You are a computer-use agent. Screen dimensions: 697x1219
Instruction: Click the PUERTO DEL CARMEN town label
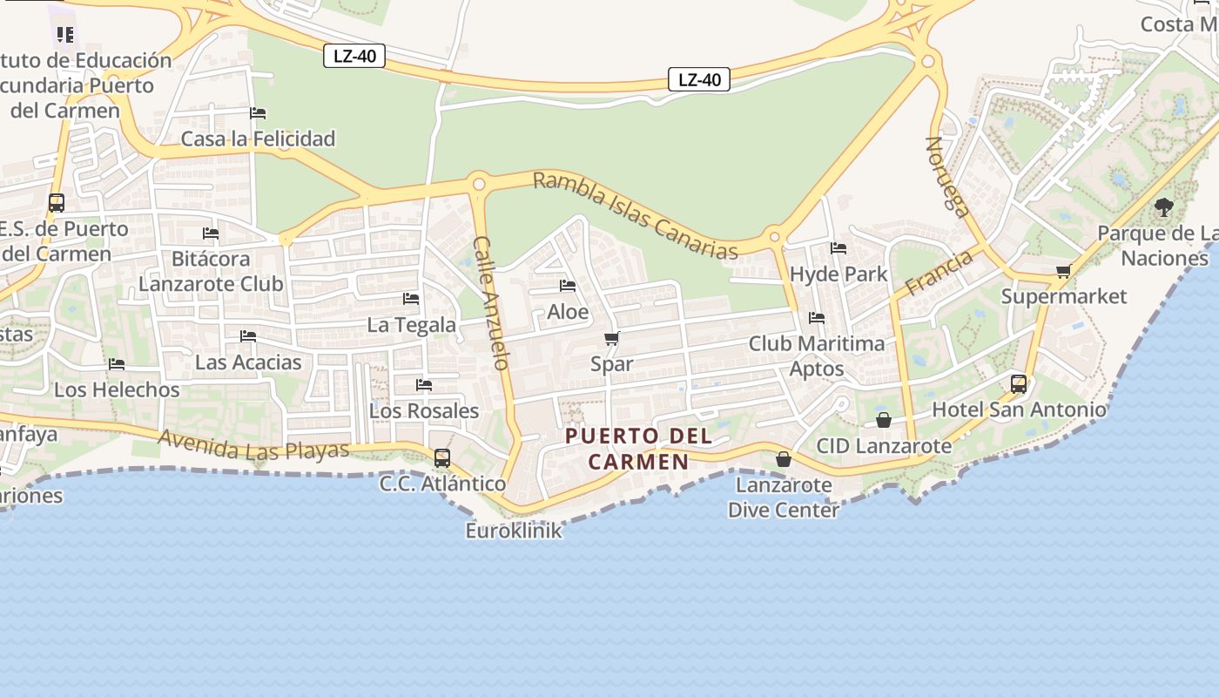pyautogui.click(x=639, y=448)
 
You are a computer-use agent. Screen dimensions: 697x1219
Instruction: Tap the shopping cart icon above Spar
pyautogui.click(x=611, y=339)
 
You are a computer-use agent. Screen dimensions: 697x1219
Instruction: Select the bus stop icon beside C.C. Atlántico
pyautogui.click(x=442, y=457)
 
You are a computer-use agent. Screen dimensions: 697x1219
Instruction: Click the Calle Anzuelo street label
pyautogui.click(x=490, y=302)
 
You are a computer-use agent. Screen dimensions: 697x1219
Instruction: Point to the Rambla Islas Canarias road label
pyautogui.click(x=635, y=214)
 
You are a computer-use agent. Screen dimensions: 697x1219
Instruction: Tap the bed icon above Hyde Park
pyautogui.click(x=838, y=248)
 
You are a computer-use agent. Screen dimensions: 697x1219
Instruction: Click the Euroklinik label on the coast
pyautogui.click(x=514, y=530)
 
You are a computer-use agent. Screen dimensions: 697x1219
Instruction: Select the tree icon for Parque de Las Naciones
pyautogui.click(x=1164, y=207)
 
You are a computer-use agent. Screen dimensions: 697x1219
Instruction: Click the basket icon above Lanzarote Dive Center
pyautogui.click(x=784, y=459)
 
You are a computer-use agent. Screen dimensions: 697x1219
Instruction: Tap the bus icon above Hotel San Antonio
pyautogui.click(x=1018, y=383)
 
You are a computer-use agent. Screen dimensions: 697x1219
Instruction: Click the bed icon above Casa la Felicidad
pyautogui.click(x=258, y=113)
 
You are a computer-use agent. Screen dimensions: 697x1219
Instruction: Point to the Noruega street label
pyautogui.click(x=946, y=175)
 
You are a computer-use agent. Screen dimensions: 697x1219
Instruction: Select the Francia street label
pyautogui.click(x=938, y=273)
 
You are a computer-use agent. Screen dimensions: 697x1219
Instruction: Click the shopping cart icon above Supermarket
pyautogui.click(x=1063, y=271)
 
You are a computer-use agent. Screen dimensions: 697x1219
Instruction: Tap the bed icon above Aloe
pyautogui.click(x=568, y=286)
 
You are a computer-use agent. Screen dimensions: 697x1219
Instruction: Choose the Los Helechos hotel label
pyautogui.click(x=117, y=389)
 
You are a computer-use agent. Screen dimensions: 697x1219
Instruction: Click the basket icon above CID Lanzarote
pyautogui.click(x=884, y=420)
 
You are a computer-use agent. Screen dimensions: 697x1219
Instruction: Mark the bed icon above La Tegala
pyautogui.click(x=411, y=299)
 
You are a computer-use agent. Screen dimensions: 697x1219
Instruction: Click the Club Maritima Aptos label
pyautogui.click(x=817, y=355)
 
